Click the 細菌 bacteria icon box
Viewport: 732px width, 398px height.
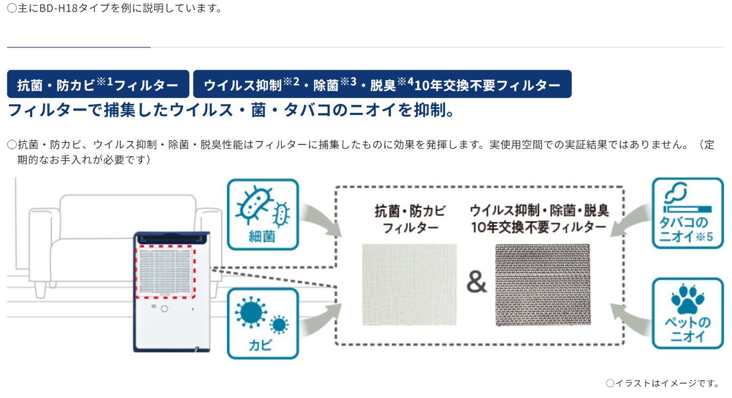pos(263,215)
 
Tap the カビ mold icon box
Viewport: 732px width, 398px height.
pos(263,324)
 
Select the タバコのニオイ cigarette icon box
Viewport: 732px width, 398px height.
pos(688,213)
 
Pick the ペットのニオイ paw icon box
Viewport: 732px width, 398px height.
pos(688,313)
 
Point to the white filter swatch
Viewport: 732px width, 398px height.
pos(409,285)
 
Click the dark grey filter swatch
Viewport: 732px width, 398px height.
pos(543,285)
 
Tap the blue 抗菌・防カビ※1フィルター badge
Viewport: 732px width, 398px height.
pos(98,84)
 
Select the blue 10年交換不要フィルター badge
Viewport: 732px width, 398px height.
pos(382,84)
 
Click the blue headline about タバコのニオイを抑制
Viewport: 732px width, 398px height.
pos(230,110)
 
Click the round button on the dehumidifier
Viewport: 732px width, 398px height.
pos(165,309)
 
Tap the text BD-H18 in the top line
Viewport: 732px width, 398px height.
pos(58,8)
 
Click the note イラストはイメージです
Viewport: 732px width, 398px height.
pos(663,383)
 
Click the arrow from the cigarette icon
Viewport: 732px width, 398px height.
pos(631,220)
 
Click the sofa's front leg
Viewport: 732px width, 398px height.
pos(40,289)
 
